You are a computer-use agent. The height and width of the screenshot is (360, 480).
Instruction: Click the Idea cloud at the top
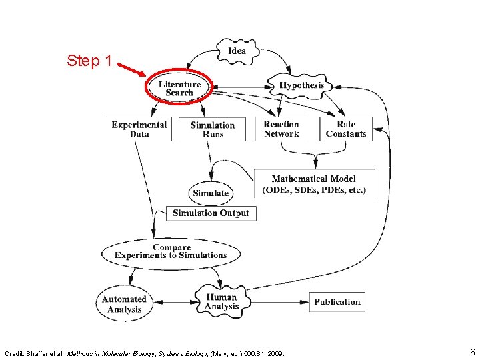237,51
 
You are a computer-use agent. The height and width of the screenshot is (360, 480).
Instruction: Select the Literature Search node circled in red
179,89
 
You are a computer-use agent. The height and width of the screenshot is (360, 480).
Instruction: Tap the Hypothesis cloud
301,85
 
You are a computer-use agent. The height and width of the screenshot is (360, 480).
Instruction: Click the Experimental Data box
139,129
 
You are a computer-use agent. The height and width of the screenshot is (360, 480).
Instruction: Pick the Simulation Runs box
213,129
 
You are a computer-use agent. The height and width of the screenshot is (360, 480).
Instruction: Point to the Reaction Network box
281,129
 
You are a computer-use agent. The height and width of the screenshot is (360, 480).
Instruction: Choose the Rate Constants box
346,129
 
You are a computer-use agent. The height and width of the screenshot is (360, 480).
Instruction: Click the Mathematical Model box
314,184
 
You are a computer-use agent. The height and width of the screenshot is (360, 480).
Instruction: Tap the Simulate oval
211,193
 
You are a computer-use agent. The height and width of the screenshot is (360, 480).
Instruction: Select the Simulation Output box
211,213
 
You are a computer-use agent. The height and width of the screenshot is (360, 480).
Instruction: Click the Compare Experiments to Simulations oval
171,251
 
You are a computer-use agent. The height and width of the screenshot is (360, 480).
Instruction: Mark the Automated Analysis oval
124,304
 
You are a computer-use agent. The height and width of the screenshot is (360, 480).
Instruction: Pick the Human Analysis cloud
222,302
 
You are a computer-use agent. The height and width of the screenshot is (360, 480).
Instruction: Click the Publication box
337,302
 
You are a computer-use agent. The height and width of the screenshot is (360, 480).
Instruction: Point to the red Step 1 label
89,61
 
